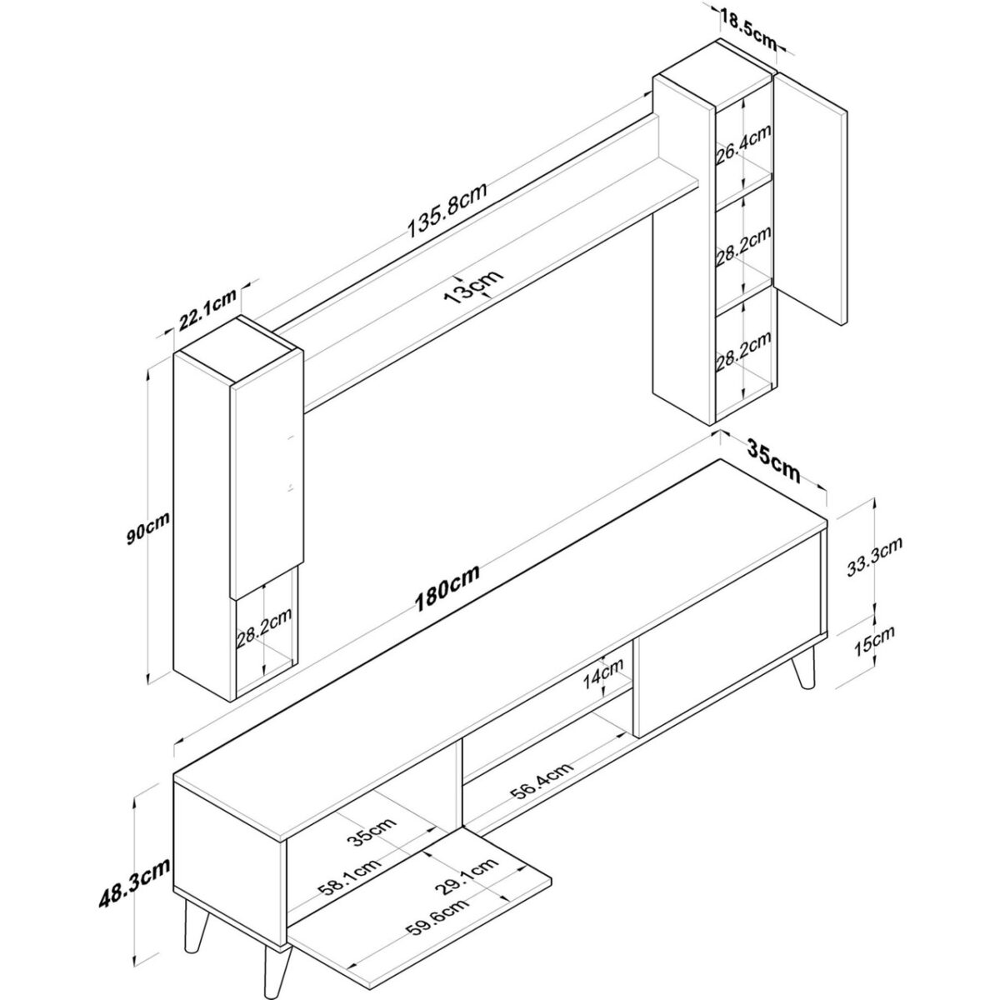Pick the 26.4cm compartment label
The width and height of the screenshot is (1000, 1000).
point(743,145)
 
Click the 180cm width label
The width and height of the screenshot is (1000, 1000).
point(447,588)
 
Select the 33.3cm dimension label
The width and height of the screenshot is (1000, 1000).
point(874,557)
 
